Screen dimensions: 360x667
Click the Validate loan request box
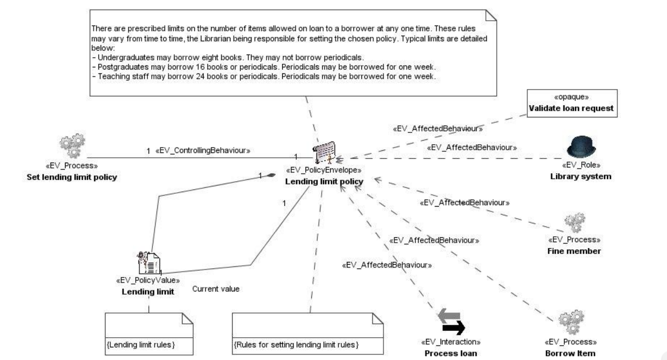coord(572,103)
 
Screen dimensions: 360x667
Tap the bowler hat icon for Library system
coord(581,147)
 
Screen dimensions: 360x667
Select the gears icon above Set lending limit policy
coord(72,145)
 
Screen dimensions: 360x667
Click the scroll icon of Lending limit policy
coord(324,153)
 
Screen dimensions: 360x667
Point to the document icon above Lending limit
coord(149,263)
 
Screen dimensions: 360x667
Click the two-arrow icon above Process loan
coord(451,322)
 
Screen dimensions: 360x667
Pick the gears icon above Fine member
coord(575,223)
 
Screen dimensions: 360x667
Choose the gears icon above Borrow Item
coord(571,322)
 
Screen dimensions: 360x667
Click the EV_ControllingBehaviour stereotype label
coord(203,150)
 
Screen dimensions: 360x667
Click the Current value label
coord(216,289)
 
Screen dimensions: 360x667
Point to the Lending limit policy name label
coord(324,181)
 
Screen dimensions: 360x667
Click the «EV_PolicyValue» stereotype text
coord(148,280)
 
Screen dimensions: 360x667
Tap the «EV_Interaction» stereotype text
coord(451,342)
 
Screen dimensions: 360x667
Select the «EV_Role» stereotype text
coord(581,165)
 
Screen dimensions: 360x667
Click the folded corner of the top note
coord(491,15)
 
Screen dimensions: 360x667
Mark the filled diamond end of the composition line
coord(271,175)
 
